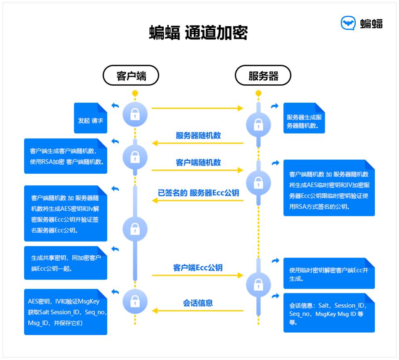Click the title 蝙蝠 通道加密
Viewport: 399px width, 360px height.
click(198, 33)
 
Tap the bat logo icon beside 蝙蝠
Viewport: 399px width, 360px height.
click(348, 23)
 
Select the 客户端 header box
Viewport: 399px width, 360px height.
click(131, 76)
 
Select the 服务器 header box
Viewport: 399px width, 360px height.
click(263, 76)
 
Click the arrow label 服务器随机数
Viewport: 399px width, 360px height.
click(198, 136)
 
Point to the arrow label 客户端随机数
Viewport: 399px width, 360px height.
click(198, 163)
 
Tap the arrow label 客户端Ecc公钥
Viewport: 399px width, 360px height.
click(198, 268)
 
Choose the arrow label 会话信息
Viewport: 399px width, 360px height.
click(198, 303)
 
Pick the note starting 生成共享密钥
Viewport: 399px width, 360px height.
click(66, 263)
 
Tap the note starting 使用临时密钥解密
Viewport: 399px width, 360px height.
click(329, 274)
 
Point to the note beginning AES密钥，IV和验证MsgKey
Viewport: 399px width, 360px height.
click(66, 312)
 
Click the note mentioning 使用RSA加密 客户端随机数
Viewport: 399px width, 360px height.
click(66, 156)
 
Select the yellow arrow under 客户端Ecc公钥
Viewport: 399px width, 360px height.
click(197, 275)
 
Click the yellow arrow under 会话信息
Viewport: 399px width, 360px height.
click(197, 310)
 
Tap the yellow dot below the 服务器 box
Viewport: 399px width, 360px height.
click(259, 93)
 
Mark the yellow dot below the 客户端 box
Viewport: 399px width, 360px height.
click(135, 93)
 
